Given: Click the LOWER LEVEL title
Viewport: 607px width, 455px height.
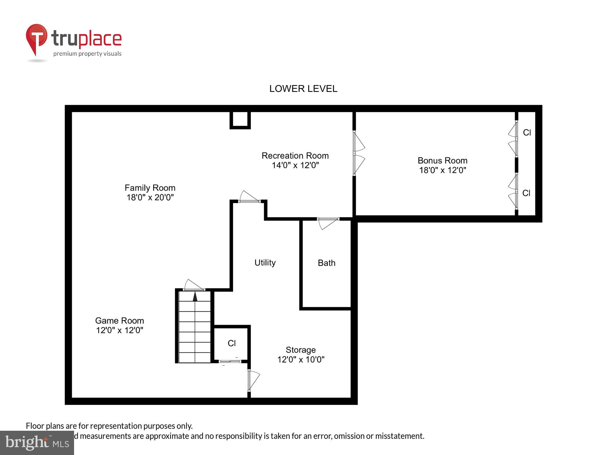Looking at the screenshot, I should (303, 89).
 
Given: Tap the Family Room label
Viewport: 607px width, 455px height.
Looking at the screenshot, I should (150, 188).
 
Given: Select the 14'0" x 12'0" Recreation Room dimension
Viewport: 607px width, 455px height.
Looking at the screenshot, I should (295, 165).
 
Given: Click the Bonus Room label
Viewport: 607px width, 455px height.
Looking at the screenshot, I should (442, 160).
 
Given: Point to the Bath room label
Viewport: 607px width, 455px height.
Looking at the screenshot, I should (327, 263).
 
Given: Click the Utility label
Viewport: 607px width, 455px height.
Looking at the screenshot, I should (265, 262).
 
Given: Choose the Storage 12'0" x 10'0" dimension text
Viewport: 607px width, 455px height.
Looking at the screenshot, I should (301, 359).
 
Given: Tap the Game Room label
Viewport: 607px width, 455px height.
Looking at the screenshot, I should (120, 321).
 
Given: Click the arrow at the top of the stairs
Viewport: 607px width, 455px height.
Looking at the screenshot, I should (195, 296).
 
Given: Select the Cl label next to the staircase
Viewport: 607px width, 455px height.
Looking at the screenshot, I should (232, 343).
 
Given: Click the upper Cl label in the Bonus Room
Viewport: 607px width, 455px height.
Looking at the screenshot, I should (527, 133).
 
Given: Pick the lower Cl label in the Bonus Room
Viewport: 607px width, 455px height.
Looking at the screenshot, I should (526, 193).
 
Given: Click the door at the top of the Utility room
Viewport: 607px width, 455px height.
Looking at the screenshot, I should (249, 197).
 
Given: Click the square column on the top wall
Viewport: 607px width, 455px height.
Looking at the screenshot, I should (240, 120).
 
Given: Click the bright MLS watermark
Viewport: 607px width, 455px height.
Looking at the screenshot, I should (37, 443).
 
